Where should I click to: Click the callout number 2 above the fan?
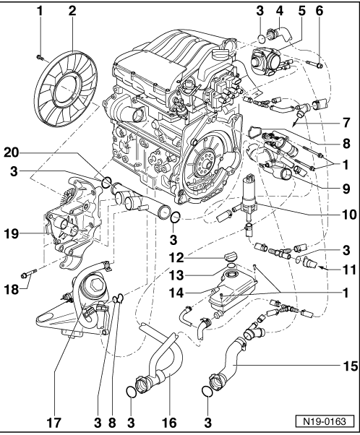coord(72,11)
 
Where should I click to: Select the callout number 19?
coord(12,233)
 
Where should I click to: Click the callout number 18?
coord(12,289)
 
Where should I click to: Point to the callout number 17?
coord(53,423)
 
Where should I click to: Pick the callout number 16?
coord(168,423)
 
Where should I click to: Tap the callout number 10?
coord(349,215)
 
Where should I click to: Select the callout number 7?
coord(346,123)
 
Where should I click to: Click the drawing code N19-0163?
coord(325,422)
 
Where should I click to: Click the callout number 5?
coord(301,11)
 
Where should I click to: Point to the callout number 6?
coord(320,11)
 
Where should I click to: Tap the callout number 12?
coord(176,258)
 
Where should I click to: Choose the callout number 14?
coord(176,293)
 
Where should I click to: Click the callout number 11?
coord(349,269)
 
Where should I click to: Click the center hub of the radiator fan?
coord(66,88)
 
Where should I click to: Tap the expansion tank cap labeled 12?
coord(230,256)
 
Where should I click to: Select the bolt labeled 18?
coord(29,272)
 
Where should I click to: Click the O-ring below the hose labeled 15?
coord(207,392)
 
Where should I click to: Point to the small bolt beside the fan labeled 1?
coord(40,57)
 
